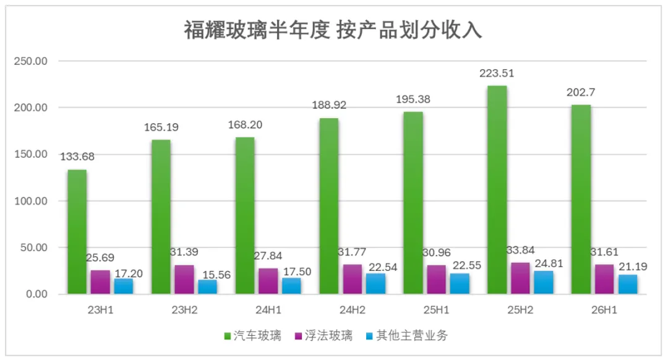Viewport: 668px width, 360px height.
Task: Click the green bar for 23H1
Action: pos(77,232)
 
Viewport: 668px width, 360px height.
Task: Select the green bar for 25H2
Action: pos(497,190)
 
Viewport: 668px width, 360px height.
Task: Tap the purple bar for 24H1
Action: pos(268,281)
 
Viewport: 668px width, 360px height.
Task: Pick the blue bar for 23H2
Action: pos(207,287)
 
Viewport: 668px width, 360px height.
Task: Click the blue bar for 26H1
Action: pos(628,284)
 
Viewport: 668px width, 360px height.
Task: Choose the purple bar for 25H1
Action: pos(436,280)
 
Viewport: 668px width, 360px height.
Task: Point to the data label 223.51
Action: pos(497,73)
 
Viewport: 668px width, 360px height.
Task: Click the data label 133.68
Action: pos(77,156)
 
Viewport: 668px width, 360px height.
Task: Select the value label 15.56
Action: pos(216,275)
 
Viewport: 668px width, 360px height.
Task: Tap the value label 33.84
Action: pos(520,250)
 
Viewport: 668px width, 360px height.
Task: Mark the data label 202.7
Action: pos(581,92)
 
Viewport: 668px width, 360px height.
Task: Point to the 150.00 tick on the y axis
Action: pos(31,154)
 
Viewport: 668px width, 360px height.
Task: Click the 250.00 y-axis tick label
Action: pos(31,61)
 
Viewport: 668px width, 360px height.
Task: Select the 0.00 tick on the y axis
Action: pos(36,294)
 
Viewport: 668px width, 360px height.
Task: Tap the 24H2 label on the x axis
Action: pos(353,310)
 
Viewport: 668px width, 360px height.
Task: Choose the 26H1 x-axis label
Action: pos(604,310)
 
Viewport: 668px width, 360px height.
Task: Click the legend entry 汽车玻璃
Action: pos(252,336)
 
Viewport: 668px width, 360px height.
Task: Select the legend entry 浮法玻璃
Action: pos(323,336)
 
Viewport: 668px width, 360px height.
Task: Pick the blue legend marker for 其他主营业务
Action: pos(369,336)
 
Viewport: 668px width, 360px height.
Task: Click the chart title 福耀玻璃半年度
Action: pos(257,30)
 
